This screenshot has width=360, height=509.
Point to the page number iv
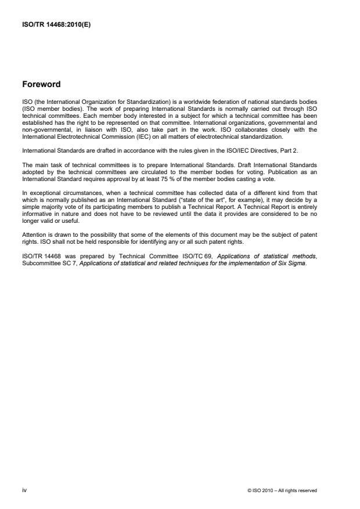pyautogui.click(x=25, y=490)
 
